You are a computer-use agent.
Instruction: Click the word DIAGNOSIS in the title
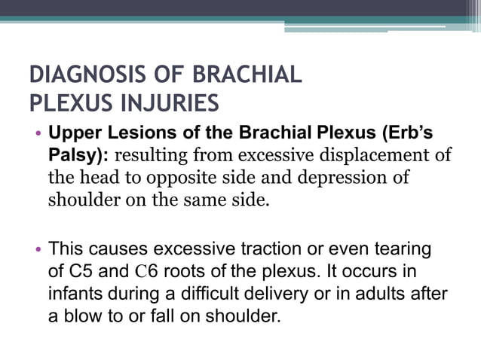82,76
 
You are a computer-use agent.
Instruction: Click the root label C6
142,270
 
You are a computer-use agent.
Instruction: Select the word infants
74,291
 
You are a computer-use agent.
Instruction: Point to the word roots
180,270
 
